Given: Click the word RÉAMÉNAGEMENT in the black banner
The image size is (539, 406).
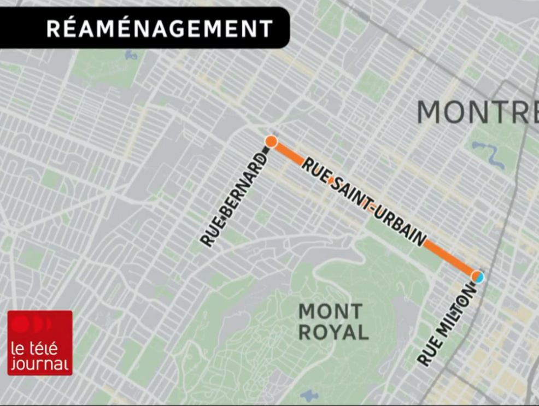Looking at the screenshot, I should coord(159,28).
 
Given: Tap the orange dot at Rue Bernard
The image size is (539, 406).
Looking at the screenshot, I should coord(271,142).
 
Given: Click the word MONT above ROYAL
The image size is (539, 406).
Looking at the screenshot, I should coord(330,312).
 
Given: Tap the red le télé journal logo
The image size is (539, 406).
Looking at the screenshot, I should coord(40,343).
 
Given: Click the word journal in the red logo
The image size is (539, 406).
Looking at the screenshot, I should coord(40,363).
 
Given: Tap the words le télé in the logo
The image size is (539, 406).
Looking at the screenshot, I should coord(34,348).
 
